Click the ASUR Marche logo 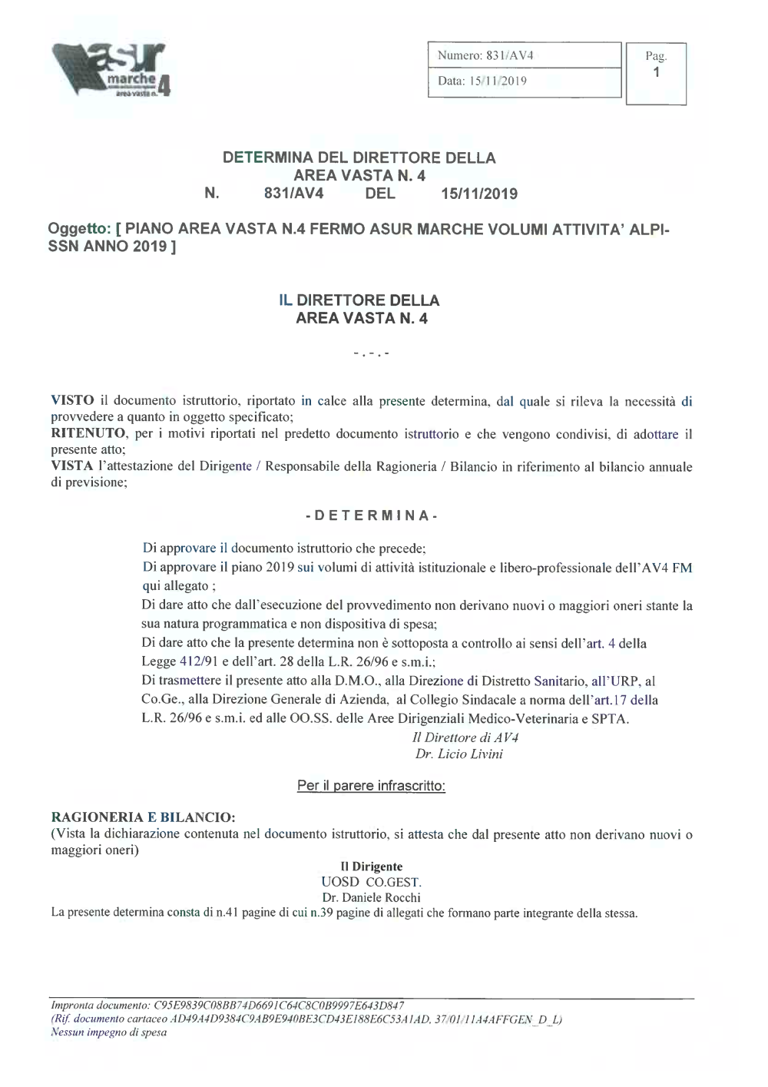click(111, 70)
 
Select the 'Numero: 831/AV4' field click(524, 55)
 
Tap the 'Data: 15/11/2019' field click(524, 81)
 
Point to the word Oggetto click(80, 229)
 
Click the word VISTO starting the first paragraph click(73, 401)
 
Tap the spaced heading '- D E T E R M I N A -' click(372, 515)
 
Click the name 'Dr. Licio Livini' click(459, 754)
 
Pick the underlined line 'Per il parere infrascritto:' click(371, 786)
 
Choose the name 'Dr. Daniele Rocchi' click(372, 897)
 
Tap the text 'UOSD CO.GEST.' click(372, 882)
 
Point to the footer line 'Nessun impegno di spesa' click(108, 1032)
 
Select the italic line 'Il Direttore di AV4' click(465, 737)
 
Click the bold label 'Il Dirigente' click(372, 867)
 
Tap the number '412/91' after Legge click(200, 662)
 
